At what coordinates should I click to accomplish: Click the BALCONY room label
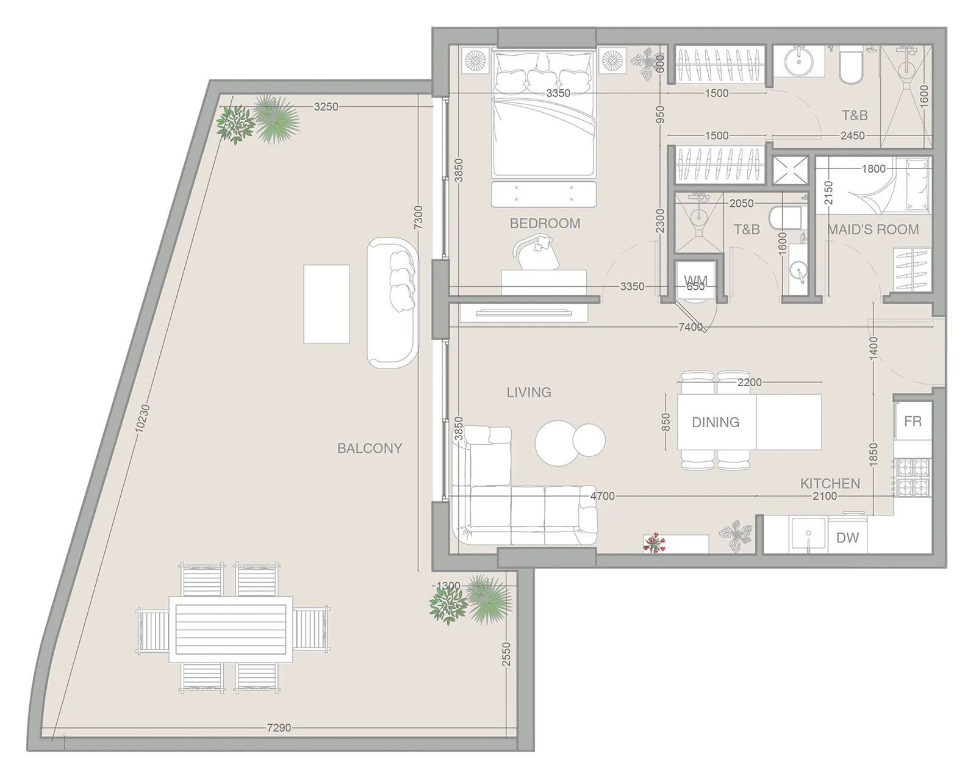coord(370,448)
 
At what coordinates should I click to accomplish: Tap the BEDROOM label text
coord(545,223)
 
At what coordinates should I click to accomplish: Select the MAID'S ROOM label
coord(873,229)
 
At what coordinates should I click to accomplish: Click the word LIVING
coord(529,392)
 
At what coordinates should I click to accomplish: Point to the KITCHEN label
coord(830,483)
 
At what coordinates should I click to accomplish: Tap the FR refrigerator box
coord(913,421)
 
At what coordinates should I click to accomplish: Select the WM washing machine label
coord(695,280)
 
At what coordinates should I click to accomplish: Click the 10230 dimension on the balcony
coord(142,418)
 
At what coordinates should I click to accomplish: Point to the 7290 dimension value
coord(279,728)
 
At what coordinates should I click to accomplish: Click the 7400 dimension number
coord(691,326)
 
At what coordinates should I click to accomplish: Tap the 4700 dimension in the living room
coord(602,497)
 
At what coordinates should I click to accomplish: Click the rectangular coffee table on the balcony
coord(326,304)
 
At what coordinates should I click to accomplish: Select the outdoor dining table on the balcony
coord(231,629)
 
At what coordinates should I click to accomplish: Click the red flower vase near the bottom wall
coord(655,544)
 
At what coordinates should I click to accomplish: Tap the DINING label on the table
coord(716,422)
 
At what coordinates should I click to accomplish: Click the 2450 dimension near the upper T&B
coord(852,135)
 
